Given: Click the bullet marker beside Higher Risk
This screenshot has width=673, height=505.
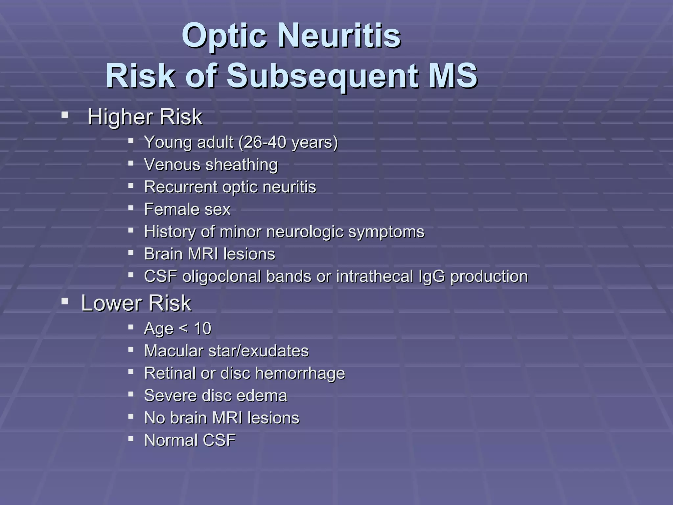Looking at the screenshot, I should pos(65,115).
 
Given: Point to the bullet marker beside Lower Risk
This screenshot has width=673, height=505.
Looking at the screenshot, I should pos(65,301).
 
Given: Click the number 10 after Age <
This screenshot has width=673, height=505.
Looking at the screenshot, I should pos(202,328).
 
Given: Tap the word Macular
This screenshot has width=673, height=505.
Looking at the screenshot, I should pos(174,351).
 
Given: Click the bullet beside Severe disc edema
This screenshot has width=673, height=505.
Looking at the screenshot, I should pos(131,394).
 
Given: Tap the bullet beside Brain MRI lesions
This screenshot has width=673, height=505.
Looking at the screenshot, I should pos(131,252).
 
